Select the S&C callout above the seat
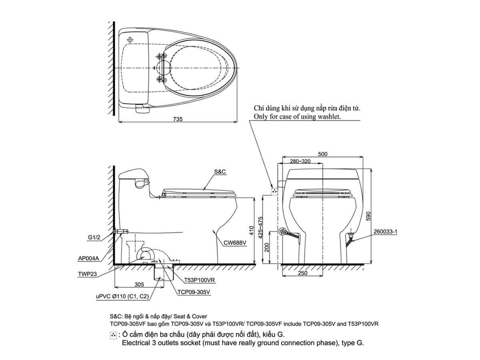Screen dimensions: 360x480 (x=220, y=171)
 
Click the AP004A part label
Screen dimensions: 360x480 (x=89, y=258)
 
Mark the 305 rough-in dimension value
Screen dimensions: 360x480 (x=139, y=284)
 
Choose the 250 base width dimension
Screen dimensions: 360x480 (x=302, y=273)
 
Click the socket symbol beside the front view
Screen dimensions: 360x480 (x=274, y=191)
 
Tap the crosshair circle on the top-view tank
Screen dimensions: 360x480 (x=129, y=40)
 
